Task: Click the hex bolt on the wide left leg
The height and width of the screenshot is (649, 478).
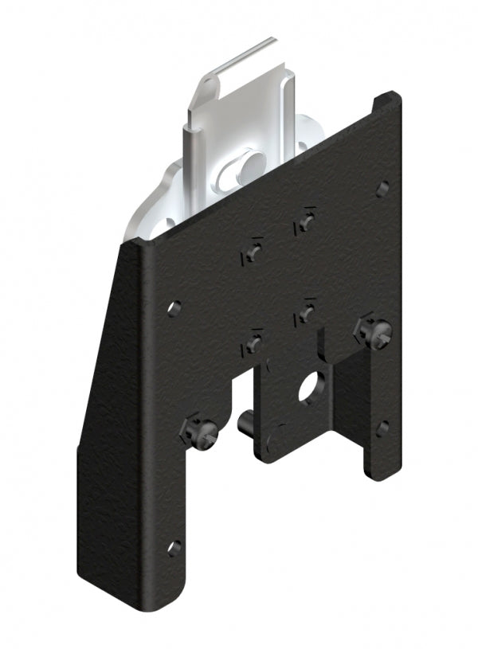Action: pyautogui.click(x=198, y=432)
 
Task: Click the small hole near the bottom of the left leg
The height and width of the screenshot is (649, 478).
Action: pyautogui.click(x=174, y=547)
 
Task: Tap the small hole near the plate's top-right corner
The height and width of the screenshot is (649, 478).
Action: pyautogui.click(x=382, y=189)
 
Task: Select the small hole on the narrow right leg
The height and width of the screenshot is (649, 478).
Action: pyautogui.click(x=383, y=428)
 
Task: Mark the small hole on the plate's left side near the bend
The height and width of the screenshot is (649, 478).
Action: pyautogui.click(x=174, y=307)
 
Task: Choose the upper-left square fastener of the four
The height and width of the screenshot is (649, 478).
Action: pyautogui.click(x=252, y=252)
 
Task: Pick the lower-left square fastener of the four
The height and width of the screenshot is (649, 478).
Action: pyautogui.click(x=253, y=344)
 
